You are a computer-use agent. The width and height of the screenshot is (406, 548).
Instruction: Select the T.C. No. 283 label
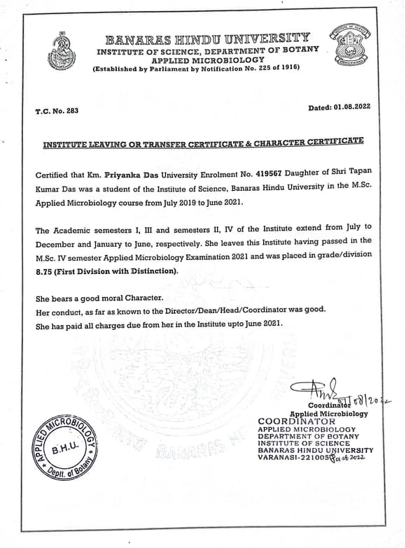point(57,111)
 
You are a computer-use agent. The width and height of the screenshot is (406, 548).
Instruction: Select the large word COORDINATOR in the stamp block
point(297,421)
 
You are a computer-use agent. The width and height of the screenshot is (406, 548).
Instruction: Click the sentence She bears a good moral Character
point(99,298)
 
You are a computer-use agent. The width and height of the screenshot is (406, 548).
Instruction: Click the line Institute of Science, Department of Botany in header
point(207,52)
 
